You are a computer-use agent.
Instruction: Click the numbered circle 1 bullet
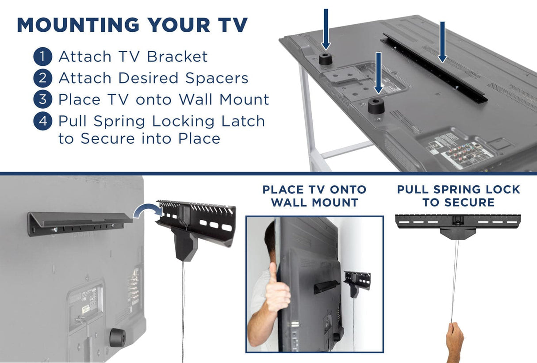click(x=42, y=57)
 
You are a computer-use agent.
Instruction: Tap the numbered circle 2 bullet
click(x=42, y=78)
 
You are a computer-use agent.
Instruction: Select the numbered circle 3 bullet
click(x=42, y=99)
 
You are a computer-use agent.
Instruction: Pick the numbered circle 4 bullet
click(x=42, y=121)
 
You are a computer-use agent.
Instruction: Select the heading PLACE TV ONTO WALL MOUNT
click(x=314, y=196)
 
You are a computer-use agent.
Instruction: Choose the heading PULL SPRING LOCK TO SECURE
click(x=458, y=196)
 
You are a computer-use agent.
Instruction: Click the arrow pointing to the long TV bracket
click(x=442, y=42)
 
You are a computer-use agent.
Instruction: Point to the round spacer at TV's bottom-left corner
click(x=117, y=338)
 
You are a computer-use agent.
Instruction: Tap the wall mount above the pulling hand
click(x=458, y=223)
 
